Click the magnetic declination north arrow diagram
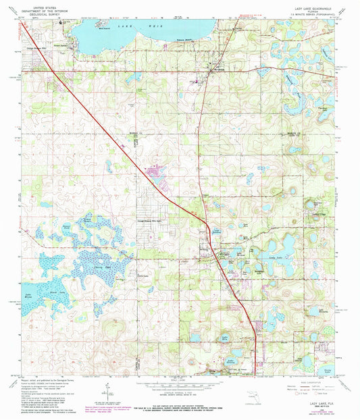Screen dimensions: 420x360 pyautogui.click(x=107, y=392)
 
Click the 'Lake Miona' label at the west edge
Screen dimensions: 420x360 pyautogui.click(x=28, y=295)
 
